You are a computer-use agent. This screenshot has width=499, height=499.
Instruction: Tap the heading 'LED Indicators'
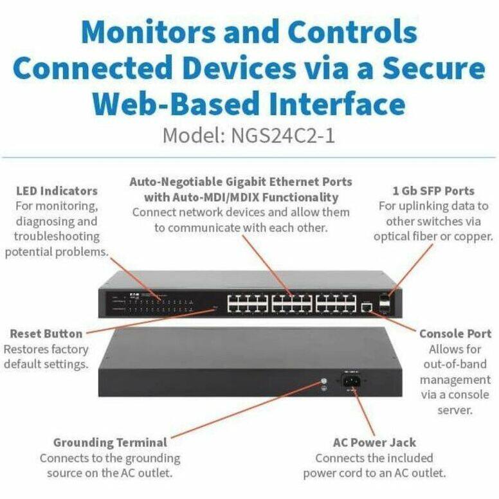57,191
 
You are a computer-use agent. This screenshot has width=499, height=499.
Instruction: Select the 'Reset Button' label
46,334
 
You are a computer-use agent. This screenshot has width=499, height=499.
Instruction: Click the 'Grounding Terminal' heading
110,442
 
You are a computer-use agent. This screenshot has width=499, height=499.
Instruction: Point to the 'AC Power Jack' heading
374,442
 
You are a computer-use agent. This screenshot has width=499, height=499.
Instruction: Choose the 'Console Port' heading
455,334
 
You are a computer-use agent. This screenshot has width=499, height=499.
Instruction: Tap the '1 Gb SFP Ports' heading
433,191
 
